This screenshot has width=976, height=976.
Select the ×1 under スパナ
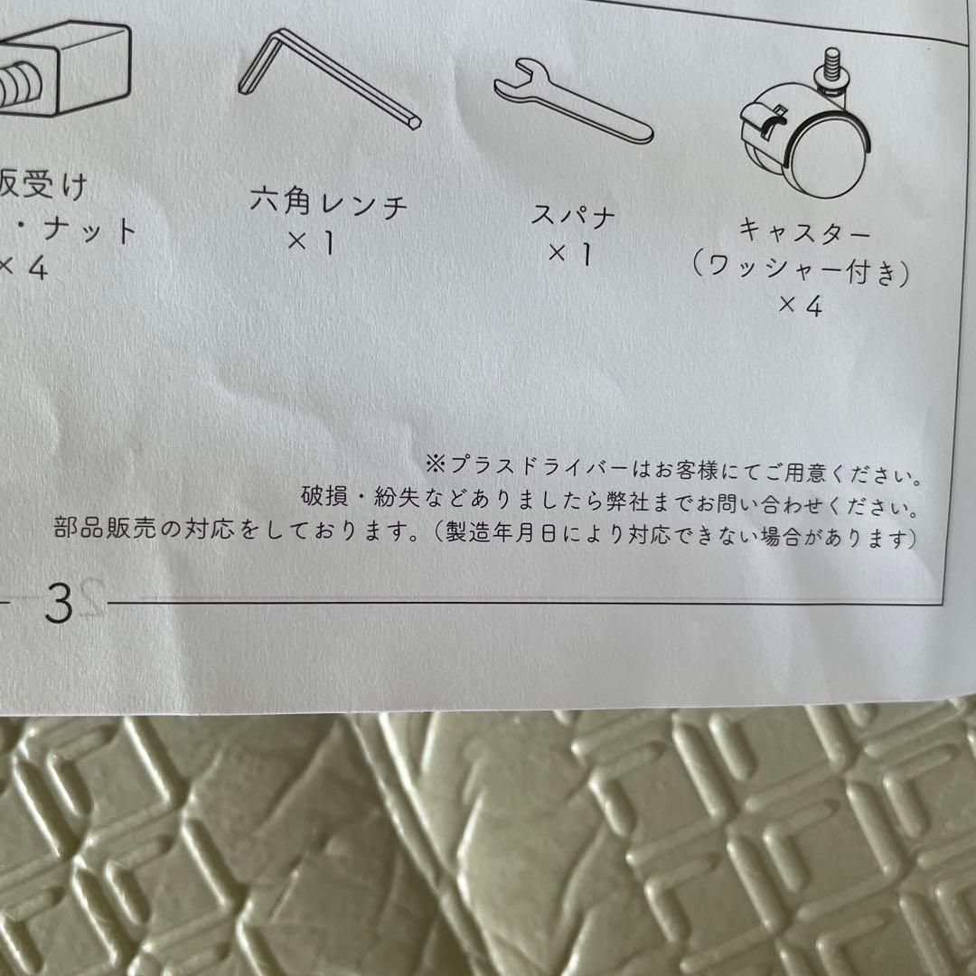(570, 256)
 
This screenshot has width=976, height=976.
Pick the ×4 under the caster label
(800, 307)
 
